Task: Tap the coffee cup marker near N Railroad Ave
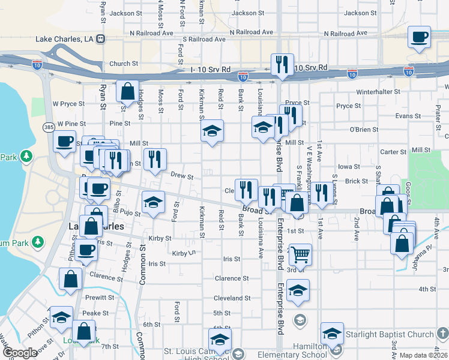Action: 420,37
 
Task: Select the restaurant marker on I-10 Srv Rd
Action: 282,65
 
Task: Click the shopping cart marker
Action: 300,254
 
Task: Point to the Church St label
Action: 124,64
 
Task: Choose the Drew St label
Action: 182,177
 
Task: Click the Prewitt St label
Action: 99,297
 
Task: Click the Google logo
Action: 20,353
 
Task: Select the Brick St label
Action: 356,181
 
